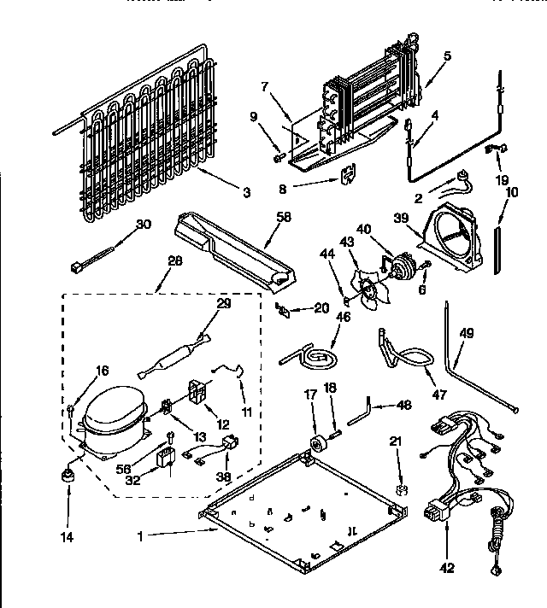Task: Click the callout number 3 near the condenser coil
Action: coord(247,194)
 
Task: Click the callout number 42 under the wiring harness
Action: coord(448,568)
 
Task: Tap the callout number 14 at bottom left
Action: coord(67,538)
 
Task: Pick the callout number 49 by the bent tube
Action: coord(466,334)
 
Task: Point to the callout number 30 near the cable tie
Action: coord(144,224)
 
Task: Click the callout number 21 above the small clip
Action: coord(395,441)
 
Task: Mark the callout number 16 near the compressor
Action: coord(103,370)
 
